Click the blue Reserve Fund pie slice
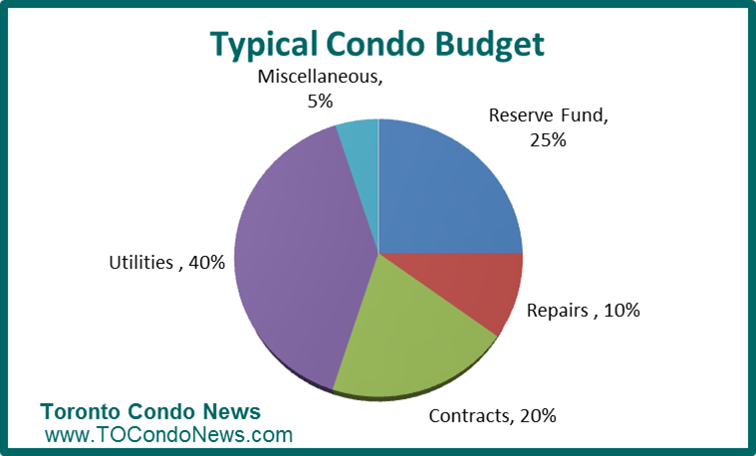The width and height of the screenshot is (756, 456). coord(443,193)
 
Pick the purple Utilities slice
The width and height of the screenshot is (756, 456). coord(299,256)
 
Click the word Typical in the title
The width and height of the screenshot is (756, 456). coord(264,45)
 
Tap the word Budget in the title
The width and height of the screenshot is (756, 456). coord(489,45)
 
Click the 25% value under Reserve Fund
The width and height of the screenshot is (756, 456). coord(548,140)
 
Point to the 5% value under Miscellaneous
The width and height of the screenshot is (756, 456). coord(320,102)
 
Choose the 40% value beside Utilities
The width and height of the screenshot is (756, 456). coord(207,263)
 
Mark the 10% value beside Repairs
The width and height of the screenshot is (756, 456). coord(622,310)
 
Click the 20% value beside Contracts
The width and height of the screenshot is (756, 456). coord(538,415)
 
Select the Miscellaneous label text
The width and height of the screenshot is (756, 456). coord(320,77)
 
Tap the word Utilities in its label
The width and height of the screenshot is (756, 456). coord(140,263)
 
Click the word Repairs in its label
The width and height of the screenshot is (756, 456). coord(558,311)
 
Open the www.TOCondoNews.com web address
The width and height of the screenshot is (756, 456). coord(168,434)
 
